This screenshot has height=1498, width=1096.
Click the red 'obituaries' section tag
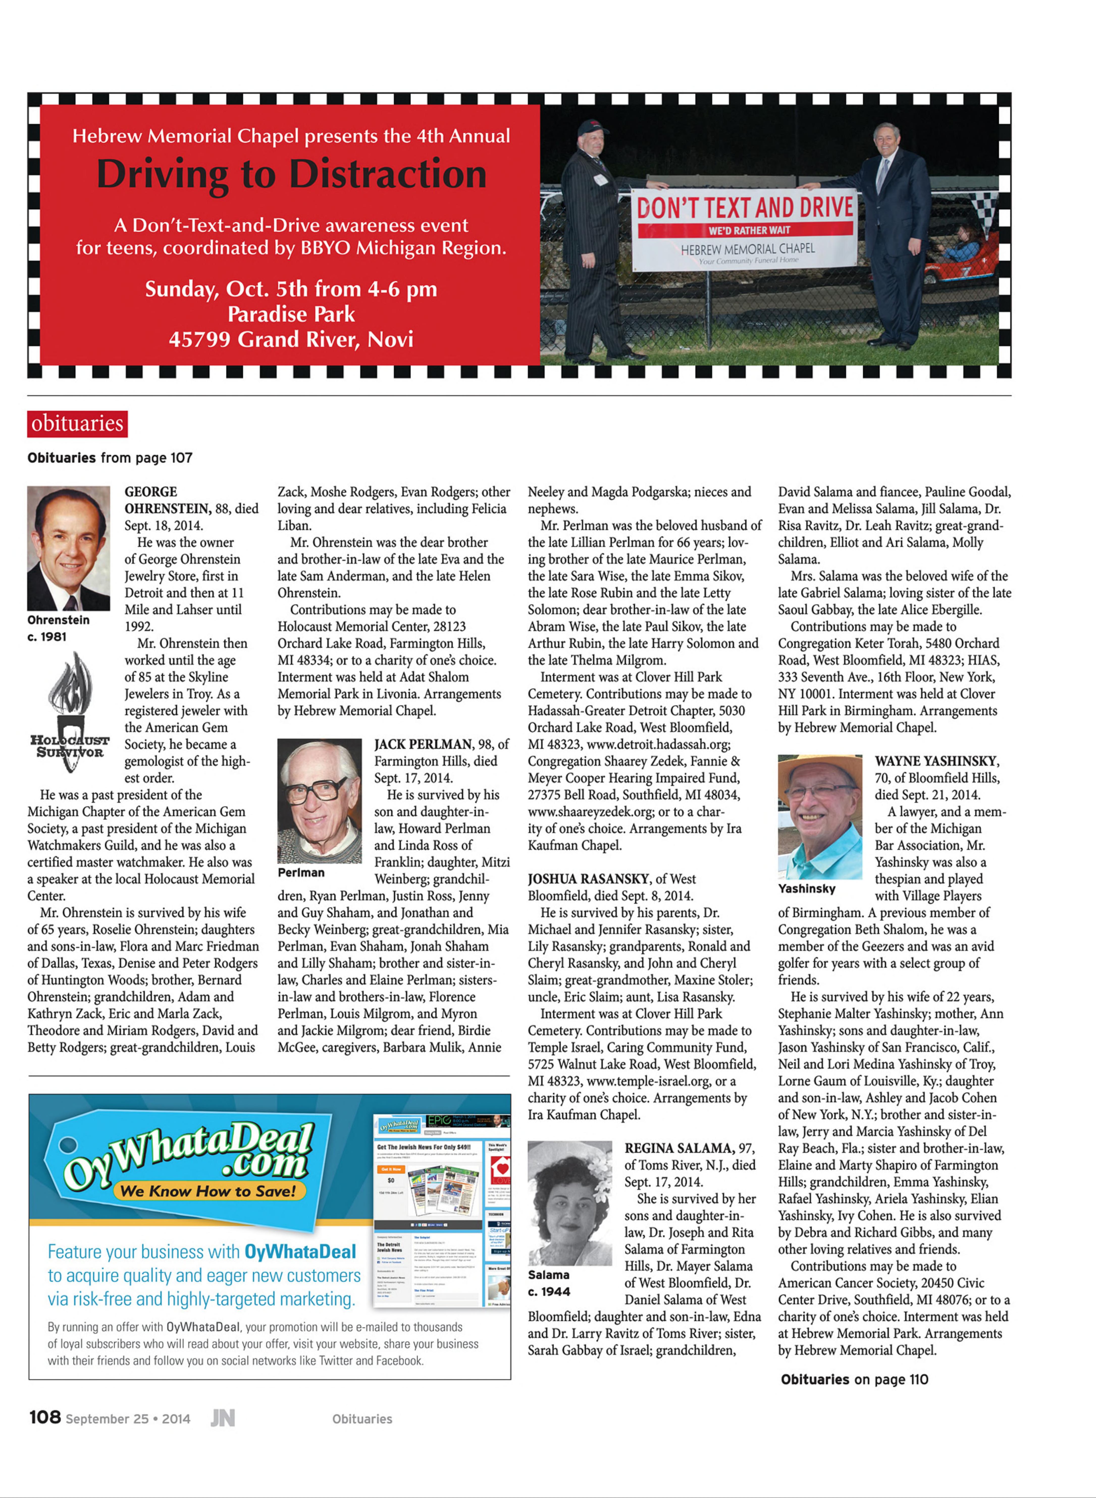[x=77, y=423]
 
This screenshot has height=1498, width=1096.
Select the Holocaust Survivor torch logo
[x=69, y=711]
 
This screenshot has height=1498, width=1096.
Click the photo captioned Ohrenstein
[x=68, y=548]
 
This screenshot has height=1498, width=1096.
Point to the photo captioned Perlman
[x=319, y=801]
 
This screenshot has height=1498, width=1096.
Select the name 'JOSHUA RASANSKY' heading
[x=588, y=879]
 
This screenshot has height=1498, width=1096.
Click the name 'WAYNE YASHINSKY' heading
[x=936, y=761]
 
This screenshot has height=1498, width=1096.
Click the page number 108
[x=45, y=1417]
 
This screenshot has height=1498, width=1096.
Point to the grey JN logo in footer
[x=223, y=1418]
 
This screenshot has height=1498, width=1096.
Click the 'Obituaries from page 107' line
[x=110, y=458]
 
